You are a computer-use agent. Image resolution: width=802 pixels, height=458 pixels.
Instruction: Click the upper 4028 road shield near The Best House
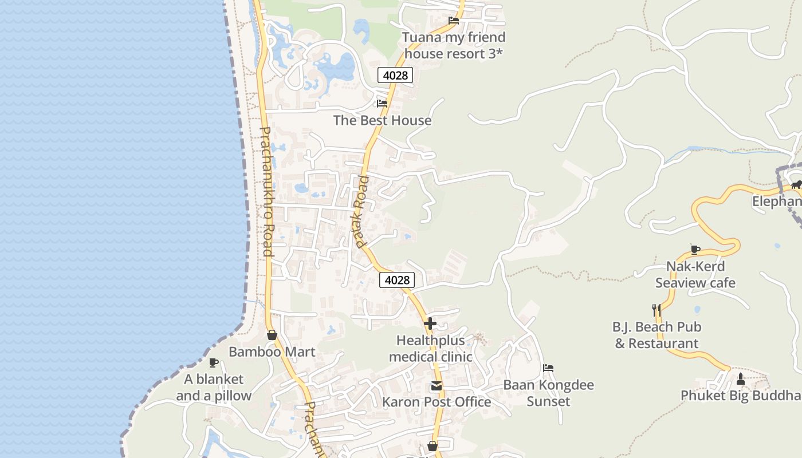pyautogui.click(x=395, y=75)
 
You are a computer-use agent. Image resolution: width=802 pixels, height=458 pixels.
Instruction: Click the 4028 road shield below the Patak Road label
pyautogui.click(x=397, y=280)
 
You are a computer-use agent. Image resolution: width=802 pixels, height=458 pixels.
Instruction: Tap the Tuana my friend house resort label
pyautogui.click(x=454, y=45)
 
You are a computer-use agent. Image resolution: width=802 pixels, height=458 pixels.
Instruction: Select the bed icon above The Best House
pyautogui.click(x=382, y=104)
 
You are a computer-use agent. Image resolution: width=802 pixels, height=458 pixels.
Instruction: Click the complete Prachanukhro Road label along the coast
pyautogui.click(x=267, y=191)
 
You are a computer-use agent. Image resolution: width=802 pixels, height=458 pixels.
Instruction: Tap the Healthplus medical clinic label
pyautogui.click(x=430, y=349)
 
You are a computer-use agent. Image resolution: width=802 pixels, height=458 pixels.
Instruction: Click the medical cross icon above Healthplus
pyautogui.click(x=430, y=324)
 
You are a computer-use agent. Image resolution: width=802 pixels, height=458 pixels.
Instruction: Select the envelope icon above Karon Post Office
pyautogui.click(x=437, y=386)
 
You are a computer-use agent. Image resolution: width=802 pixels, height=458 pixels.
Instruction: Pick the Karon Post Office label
pyautogui.click(x=437, y=402)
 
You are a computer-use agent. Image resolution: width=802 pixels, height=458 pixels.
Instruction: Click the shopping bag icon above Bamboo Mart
pyautogui.click(x=272, y=335)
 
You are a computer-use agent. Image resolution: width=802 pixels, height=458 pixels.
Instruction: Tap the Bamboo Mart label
pyautogui.click(x=272, y=352)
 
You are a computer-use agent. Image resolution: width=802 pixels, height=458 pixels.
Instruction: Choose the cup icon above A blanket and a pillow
pyautogui.click(x=214, y=362)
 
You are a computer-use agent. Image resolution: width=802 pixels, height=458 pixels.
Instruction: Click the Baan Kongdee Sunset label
pyautogui.click(x=548, y=393)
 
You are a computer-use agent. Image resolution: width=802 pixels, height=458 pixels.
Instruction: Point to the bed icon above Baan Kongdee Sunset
pyautogui.click(x=548, y=368)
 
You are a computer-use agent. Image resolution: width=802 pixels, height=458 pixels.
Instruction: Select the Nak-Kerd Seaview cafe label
pyautogui.click(x=695, y=274)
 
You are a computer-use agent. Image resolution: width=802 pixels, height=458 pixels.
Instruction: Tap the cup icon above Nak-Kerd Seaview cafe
pyautogui.click(x=695, y=250)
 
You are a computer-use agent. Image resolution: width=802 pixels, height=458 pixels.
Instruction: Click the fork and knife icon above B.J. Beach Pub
pyautogui.click(x=656, y=310)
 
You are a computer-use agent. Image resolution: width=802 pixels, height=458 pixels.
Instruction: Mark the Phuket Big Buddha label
pyautogui.click(x=740, y=396)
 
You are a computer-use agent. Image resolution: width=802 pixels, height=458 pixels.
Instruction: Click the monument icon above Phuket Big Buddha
pyautogui.click(x=740, y=378)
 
